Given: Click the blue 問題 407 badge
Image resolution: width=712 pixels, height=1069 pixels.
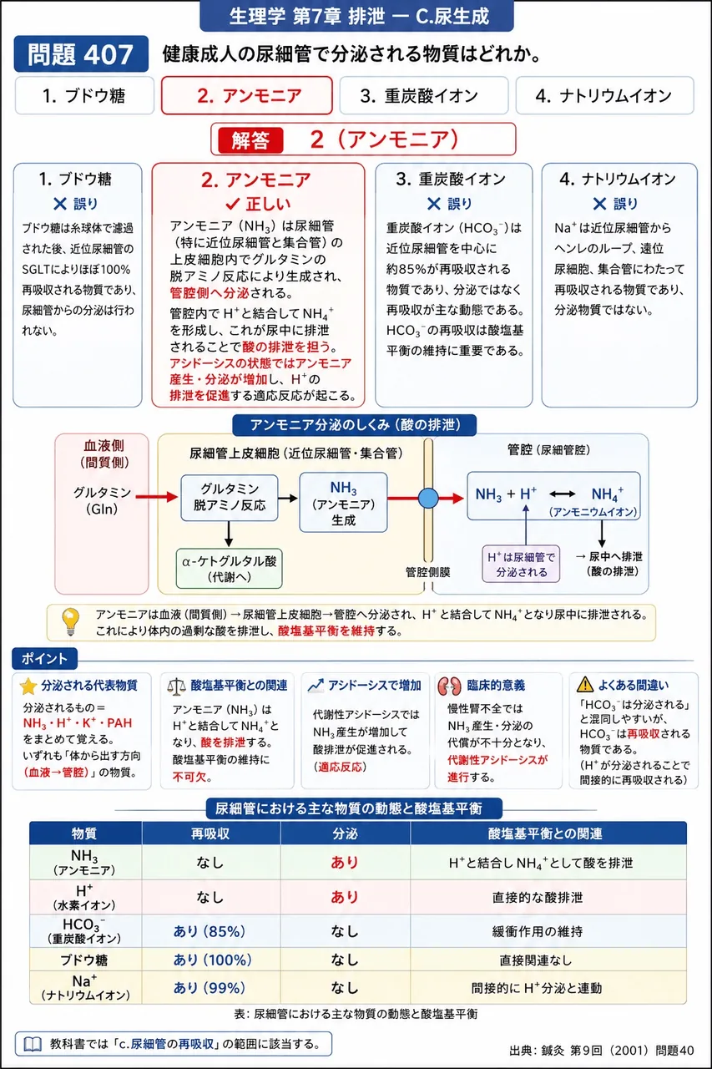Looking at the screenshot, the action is pos(81,54).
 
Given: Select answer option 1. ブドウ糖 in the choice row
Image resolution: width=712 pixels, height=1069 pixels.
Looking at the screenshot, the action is pos(84,95).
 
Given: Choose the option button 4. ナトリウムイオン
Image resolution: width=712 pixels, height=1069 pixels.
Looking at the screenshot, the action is pos(604,95).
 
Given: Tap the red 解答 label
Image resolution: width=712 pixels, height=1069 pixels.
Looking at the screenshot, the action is pos(250,140).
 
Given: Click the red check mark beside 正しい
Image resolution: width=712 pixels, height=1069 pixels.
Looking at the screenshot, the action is pos(232,205).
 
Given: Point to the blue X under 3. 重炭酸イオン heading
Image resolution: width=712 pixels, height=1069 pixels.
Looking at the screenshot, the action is pos(433,205).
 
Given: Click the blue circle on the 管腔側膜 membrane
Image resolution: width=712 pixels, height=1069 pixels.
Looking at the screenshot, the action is pos(428,499).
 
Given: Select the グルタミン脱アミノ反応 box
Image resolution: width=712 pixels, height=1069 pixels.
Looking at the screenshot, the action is pos(230,497).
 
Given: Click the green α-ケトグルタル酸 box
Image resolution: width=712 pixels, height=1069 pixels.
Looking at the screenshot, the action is pos(229,569).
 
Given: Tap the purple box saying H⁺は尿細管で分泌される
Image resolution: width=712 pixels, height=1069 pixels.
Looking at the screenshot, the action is pos(521,564).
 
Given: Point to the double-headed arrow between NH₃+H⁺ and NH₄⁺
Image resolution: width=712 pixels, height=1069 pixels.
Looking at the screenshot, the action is pos(562,494).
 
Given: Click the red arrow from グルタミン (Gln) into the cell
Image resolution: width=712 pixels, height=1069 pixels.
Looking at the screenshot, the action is pos(157,497).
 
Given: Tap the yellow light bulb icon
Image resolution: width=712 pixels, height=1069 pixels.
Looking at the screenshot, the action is pos(71,621).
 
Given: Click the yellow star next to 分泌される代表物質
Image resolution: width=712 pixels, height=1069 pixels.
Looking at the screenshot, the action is pos(28,686).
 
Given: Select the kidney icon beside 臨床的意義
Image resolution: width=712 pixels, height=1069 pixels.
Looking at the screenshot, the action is pos(449,686).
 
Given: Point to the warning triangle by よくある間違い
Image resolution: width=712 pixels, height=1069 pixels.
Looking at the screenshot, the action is pos(584,685).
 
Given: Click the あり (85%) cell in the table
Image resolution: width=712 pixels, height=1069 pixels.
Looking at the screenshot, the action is pos(210,931).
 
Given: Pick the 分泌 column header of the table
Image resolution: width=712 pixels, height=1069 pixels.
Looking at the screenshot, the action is pos(345,833).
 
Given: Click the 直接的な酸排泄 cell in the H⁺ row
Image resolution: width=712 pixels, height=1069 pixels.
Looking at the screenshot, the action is pos(538,898).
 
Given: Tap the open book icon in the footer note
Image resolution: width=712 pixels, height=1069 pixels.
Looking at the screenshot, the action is pos(33,1045).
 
